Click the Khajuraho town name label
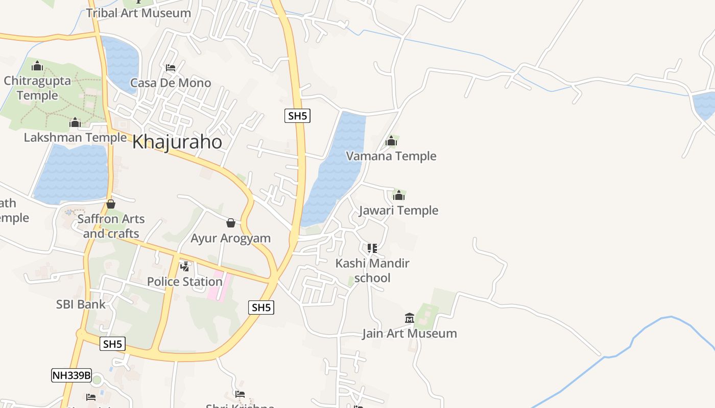[177, 142]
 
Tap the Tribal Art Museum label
[138, 13]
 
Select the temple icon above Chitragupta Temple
[37, 66]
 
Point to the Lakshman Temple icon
[75, 122]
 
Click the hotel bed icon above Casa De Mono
[171, 68]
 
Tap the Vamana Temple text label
[391, 156]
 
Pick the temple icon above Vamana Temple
[391, 141]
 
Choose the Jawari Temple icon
[399, 195]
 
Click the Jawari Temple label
[398, 210]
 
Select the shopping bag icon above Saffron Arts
[111, 204]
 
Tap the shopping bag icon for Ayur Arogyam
[230, 222]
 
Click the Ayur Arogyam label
[230, 238]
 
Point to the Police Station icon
[185, 266]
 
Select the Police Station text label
[185, 282]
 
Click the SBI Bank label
[81, 304]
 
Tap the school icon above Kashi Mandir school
[372, 248]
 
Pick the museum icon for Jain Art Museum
[409, 318]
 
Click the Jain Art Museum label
[409, 334]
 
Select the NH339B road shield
[71, 376]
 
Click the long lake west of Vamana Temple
[335, 168]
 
